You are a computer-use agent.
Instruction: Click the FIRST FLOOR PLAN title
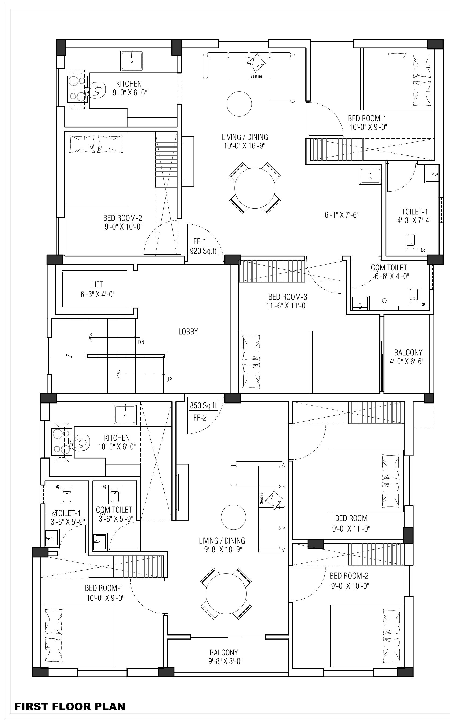[70, 706]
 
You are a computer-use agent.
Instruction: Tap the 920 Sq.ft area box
[203, 251]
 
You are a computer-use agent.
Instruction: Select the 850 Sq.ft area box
[203, 405]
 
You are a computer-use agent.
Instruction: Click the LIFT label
[97, 284]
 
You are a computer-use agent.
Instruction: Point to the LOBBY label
[188, 332]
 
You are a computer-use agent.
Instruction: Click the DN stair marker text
[141, 342]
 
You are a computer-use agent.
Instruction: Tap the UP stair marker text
[169, 380]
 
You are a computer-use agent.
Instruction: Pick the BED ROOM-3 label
[288, 297]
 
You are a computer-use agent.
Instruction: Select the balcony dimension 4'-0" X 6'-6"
[407, 361]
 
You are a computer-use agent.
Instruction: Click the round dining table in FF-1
[255, 188]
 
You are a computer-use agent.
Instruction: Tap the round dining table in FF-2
[226, 593]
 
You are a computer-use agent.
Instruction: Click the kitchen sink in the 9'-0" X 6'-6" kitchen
[132, 61]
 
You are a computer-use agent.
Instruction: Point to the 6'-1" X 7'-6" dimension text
[342, 215]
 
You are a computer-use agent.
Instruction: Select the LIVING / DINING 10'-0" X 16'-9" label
[245, 141]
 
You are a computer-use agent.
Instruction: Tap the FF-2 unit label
[200, 418]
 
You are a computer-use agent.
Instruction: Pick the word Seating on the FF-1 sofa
[256, 76]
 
